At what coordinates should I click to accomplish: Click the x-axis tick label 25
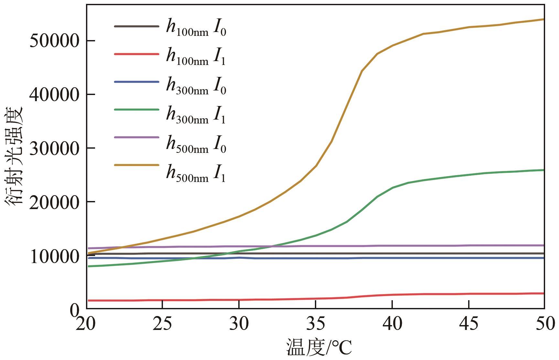tap(162, 324)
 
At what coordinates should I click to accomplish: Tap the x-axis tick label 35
tap(315, 324)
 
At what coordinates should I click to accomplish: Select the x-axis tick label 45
tap(468, 324)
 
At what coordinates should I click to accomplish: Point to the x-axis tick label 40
tap(392, 324)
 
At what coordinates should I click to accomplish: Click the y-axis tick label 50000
tap(54, 41)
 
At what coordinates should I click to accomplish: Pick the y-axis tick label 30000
tap(54, 148)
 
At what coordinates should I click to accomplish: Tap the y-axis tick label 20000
tap(54, 202)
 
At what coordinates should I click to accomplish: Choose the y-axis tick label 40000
tap(54, 95)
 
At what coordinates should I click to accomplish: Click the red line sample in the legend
tap(136, 54)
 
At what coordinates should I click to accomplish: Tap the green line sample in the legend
tap(136, 110)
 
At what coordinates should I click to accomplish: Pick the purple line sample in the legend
tap(136, 137)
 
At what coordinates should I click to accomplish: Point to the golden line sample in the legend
tap(136, 165)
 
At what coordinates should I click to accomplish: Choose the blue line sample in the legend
tap(136, 82)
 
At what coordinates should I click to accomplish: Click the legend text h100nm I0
tap(196, 27)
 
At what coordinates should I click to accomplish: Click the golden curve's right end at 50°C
tap(544, 19)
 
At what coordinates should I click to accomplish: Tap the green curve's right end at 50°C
tap(544, 170)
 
